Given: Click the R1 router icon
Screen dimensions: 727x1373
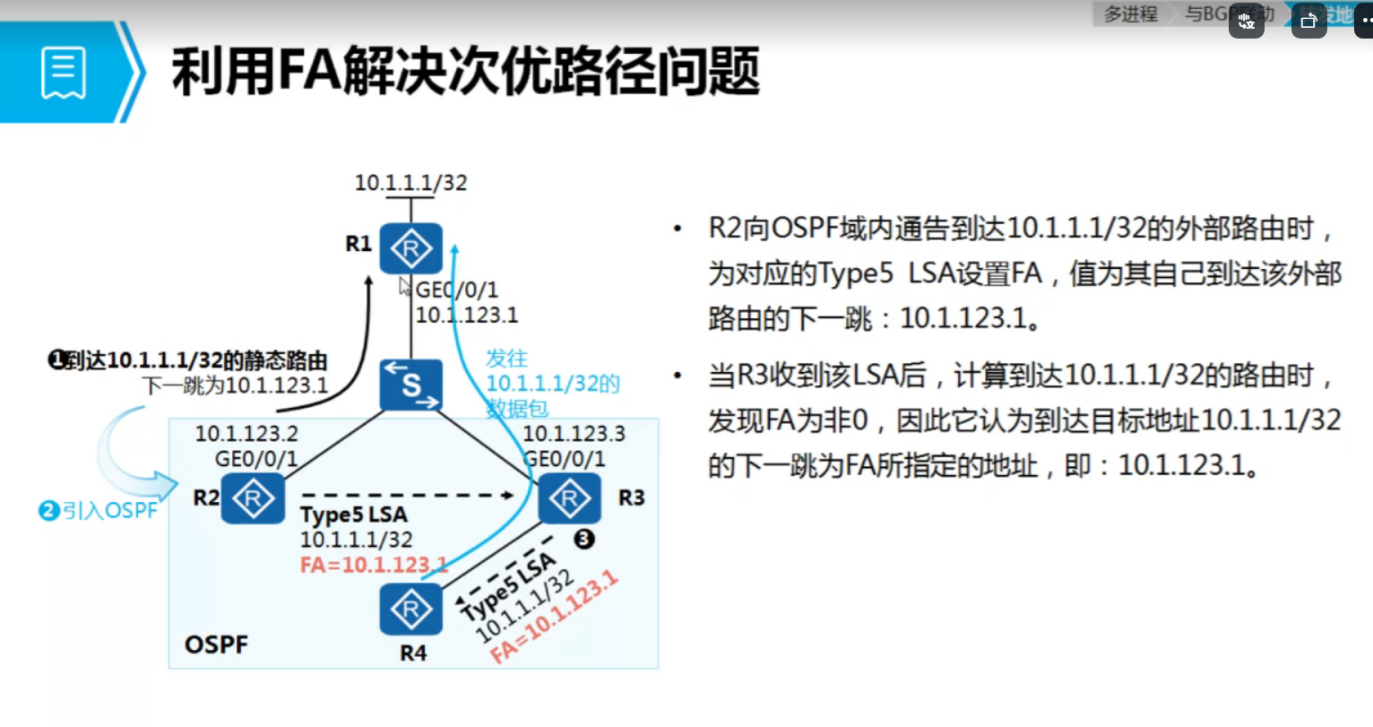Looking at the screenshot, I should (410, 248).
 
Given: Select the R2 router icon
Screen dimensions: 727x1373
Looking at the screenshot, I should (253, 498).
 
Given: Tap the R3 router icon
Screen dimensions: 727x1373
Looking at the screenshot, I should (569, 498).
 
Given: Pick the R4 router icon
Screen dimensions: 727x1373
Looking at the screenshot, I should (410, 610).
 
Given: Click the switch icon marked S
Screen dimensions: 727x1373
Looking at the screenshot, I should (410, 385).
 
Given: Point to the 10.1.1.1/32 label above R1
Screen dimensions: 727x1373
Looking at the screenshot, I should (410, 183).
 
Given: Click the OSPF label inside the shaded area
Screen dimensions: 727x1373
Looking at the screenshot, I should (216, 645).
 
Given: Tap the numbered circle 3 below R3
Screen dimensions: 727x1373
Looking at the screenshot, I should (583, 539).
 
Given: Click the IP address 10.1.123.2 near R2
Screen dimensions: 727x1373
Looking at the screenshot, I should (246, 434).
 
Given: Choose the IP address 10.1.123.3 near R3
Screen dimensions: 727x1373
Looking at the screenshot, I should (574, 434).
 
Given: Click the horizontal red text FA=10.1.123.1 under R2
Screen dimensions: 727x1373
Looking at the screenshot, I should (372, 565).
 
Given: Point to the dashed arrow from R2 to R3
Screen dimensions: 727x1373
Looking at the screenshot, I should (408, 494).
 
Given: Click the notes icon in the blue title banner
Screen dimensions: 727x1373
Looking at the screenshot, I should (64, 73).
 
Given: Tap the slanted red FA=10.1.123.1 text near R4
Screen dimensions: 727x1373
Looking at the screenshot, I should (555, 619).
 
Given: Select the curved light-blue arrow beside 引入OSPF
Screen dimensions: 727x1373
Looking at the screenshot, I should (125, 453).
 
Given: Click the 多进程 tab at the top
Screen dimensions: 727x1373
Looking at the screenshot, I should (1130, 14).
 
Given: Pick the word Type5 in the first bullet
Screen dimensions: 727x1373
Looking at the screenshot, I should (855, 273).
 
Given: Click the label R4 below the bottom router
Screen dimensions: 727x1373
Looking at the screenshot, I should (413, 653).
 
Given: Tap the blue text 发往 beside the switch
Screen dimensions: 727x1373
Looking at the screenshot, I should (506, 359).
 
